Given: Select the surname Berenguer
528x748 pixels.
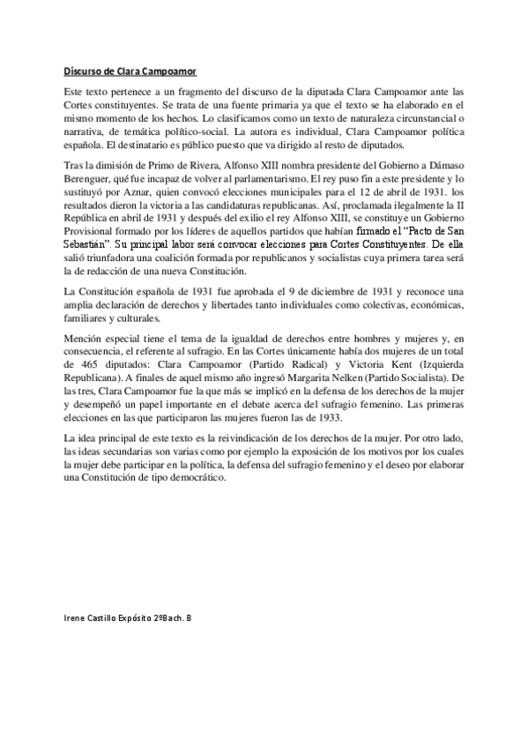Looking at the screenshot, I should pyautogui.click(x=88, y=178).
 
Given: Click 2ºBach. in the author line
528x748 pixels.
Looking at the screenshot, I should pyautogui.click(x=162, y=617).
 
